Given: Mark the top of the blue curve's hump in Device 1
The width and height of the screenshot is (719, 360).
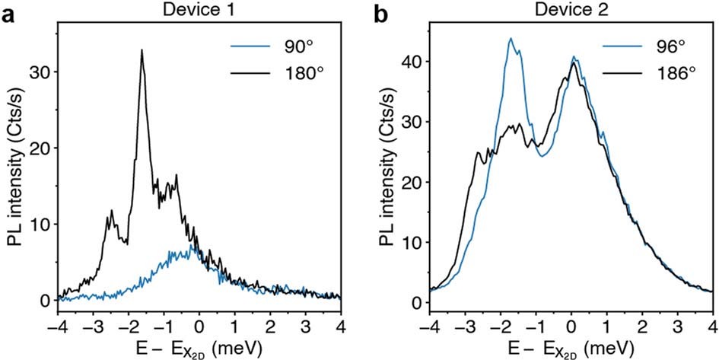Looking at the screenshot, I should click(194, 247).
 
